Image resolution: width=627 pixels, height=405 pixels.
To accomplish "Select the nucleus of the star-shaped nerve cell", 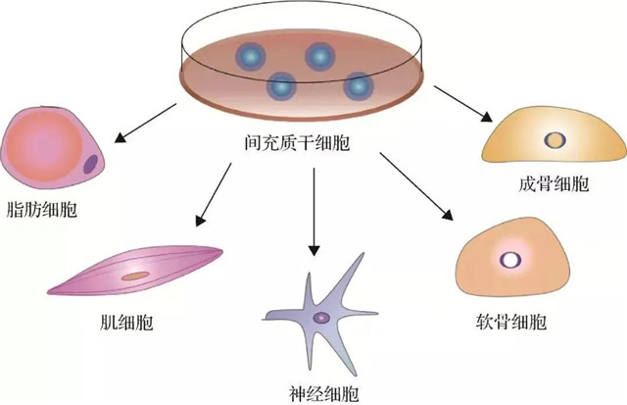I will click(320, 317).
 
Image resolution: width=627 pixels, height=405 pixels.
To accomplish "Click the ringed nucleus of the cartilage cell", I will click(510, 259).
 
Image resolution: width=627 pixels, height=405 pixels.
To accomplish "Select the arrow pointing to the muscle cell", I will click(214, 191).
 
